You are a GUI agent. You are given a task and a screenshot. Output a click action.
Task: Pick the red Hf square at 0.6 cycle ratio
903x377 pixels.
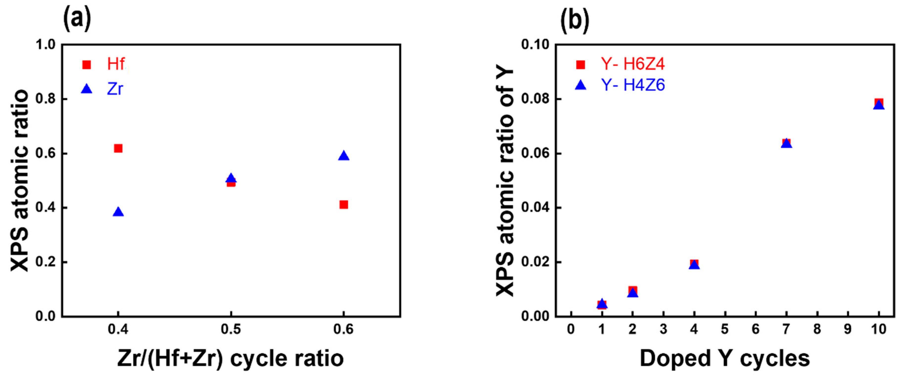tap(344, 205)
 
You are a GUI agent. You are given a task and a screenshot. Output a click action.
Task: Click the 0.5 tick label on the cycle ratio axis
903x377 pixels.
tap(231, 329)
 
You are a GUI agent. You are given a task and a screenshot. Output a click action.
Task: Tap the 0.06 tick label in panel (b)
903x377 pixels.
tap(534, 154)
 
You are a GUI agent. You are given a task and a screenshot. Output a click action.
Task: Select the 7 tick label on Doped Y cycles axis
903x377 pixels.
tap(786, 329)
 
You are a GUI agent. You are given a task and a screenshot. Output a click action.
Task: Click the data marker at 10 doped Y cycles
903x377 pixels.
tap(879, 104)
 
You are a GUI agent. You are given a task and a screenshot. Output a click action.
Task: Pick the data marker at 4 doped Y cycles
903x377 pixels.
tap(694, 264)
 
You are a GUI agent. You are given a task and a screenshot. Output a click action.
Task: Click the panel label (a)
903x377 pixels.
tap(77, 19)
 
